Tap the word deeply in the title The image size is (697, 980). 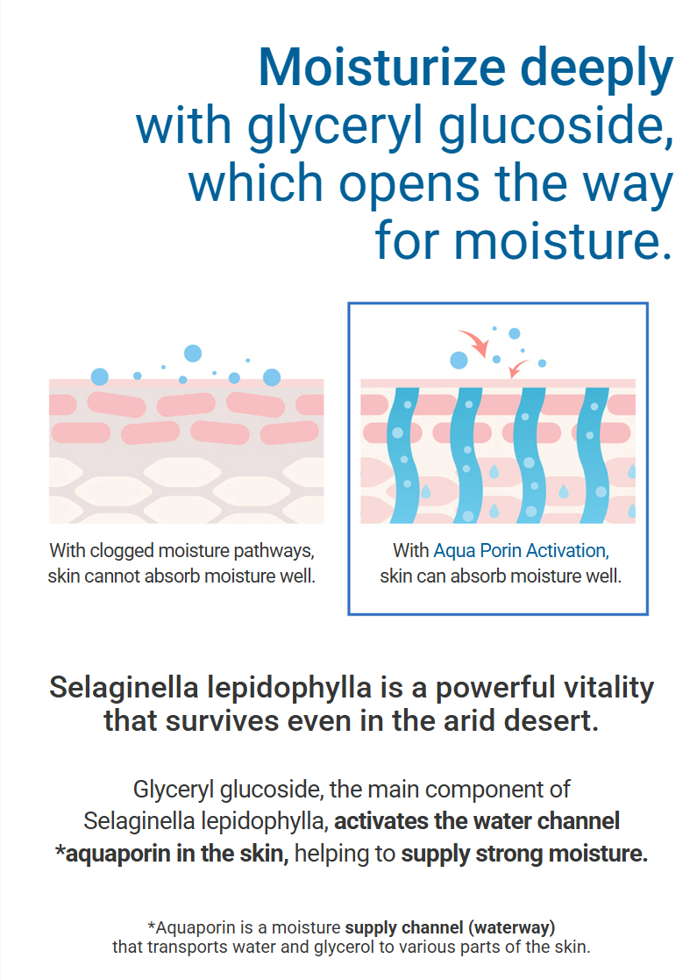596,71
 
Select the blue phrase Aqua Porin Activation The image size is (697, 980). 521,551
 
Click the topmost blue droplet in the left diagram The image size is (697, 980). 193,353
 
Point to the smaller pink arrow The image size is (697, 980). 518,368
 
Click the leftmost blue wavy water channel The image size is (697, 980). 403,455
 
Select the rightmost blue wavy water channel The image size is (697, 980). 594,455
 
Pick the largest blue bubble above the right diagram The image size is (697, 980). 459,360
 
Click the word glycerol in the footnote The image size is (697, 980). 343,948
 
